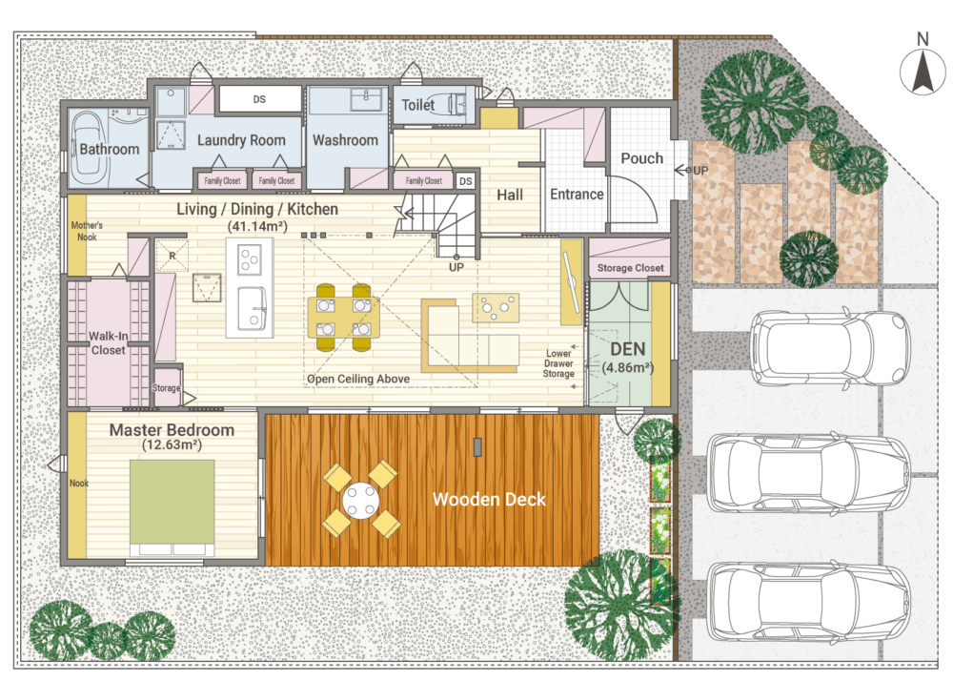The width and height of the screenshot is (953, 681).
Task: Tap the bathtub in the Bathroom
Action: pyautogui.click(x=89, y=149)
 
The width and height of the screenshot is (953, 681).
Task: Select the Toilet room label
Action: pyautogui.click(x=418, y=105)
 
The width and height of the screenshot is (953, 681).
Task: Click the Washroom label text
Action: pyautogui.click(x=345, y=140)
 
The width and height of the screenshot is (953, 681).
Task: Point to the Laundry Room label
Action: pyautogui.click(x=241, y=140)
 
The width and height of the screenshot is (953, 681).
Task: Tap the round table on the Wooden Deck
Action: pyautogui.click(x=361, y=501)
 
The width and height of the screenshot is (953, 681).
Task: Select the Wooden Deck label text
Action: pyautogui.click(x=489, y=499)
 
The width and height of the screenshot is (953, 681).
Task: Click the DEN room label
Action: pyautogui.click(x=628, y=349)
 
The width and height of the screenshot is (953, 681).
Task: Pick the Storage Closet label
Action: pyautogui.click(x=630, y=267)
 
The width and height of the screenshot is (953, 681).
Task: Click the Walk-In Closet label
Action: pyautogui.click(x=109, y=343)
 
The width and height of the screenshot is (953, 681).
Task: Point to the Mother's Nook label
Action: pyautogui.click(x=87, y=231)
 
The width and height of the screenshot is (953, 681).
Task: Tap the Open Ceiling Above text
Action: pyautogui.click(x=358, y=379)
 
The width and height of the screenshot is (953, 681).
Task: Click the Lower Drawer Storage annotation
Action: pyautogui.click(x=558, y=363)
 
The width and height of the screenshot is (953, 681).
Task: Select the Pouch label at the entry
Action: pyautogui.click(x=641, y=158)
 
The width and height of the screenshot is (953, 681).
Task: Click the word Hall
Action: pyautogui.click(x=509, y=195)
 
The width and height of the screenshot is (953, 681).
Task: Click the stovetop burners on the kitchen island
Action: pyautogui.click(x=249, y=258)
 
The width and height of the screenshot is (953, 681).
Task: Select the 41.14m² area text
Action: pyautogui.click(x=257, y=226)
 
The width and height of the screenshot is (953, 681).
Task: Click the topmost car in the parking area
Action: pyautogui.click(x=830, y=348)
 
